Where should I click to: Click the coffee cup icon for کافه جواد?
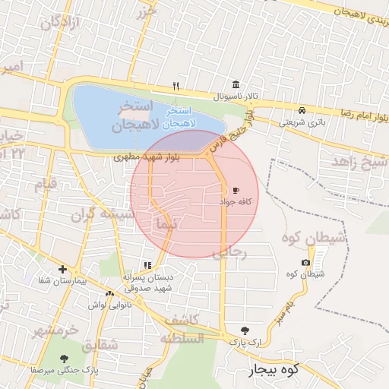[x=236, y=191]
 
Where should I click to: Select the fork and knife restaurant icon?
[x=176, y=85]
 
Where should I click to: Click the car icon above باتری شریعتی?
[x=302, y=109]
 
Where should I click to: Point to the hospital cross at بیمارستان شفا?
[x=62, y=269]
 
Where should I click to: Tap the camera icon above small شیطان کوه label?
[x=305, y=263]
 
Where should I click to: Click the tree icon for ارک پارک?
[x=244, y=330]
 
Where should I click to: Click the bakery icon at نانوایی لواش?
[x=110, y=293]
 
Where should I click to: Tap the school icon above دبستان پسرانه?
[x=147, y=265]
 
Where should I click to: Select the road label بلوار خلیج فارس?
[x=233, y=131]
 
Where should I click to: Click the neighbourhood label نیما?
[x=164, y=225]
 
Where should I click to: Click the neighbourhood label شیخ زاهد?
[x=359, y=163]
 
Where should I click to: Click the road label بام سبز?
[x=283, y=309]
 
